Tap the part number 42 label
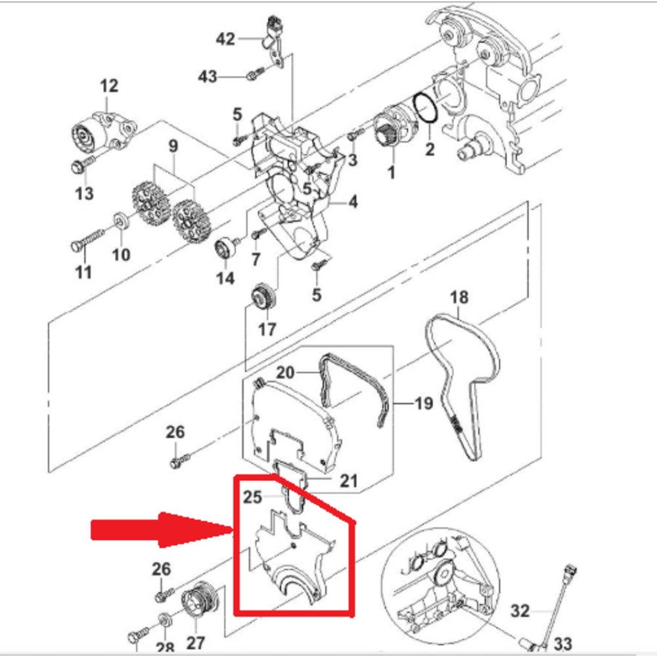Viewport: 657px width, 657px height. click(225, 39)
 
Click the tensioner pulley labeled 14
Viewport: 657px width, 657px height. click(225, 250)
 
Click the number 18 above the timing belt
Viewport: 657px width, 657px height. click(459, 298)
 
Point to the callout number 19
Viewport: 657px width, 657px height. click(424, 402)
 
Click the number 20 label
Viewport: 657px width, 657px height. click(286, 373)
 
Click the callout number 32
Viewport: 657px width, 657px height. click(520, 612)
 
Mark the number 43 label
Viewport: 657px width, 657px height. click(208, 77)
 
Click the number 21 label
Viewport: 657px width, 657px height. click(348, 481)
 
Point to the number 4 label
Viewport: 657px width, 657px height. click(353, 202)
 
